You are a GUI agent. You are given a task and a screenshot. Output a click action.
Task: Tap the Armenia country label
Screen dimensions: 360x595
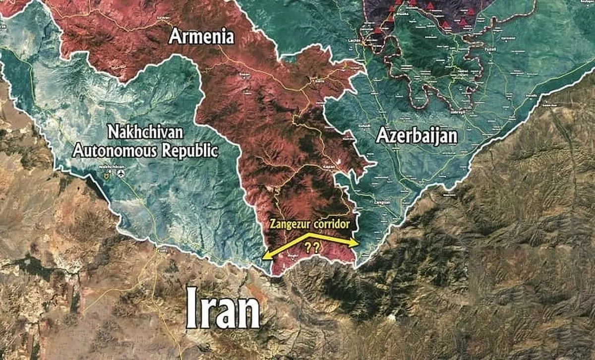coord(201,36)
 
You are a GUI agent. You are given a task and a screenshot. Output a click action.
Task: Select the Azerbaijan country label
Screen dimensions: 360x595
coord(416,136)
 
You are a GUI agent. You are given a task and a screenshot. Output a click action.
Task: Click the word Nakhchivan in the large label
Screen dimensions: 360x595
coord(145,133)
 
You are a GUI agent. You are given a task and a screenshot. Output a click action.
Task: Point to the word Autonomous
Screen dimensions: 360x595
coord(111,150)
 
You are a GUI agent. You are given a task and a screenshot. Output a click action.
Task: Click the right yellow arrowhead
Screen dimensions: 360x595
coord(356,242)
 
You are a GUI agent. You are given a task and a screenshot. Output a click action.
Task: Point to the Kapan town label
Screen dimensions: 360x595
coord(327,167)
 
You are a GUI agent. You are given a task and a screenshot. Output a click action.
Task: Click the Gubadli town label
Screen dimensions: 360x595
coord(365,126)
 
